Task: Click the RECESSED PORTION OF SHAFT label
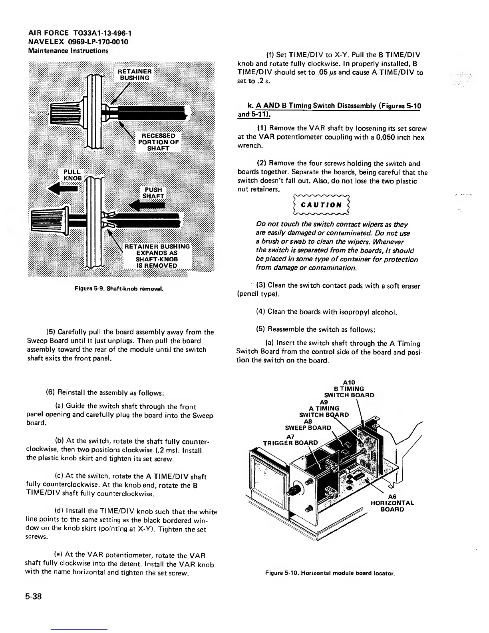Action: click(159, 142)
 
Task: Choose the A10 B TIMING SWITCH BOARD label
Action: click(349, 389)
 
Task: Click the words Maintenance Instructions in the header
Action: click(68, 51)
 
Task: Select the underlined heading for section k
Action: click(329, 110)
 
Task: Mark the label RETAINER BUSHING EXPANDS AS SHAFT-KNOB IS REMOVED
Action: click(157, 256)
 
